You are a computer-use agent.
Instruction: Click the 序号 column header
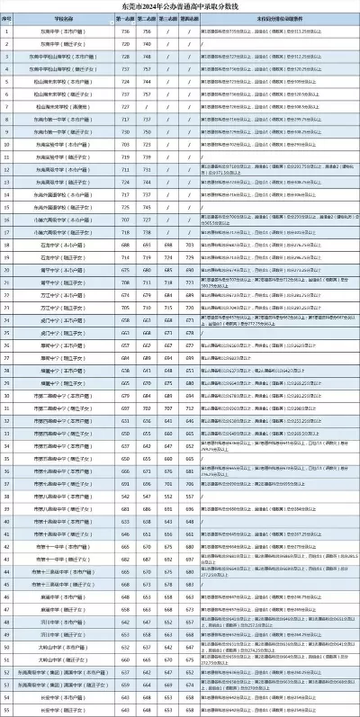pyautogui.click(x=6, y=18)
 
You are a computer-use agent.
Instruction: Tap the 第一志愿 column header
pyautogui.click(x=121, y=18)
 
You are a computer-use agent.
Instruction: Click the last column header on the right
pyautogui.click(x=278, y=18)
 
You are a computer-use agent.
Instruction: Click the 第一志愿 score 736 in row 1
pyautogui.click(x=121, y=31)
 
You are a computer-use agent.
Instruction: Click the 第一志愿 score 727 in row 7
pyautogui.click(x=121, y=105)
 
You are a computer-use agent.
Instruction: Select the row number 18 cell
pyautogui.click(x=6, y=243)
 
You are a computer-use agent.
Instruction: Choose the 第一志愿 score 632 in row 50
pyautogui.click(x=121, y=646)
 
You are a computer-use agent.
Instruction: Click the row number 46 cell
pyautogui.click(x=6, y=596)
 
